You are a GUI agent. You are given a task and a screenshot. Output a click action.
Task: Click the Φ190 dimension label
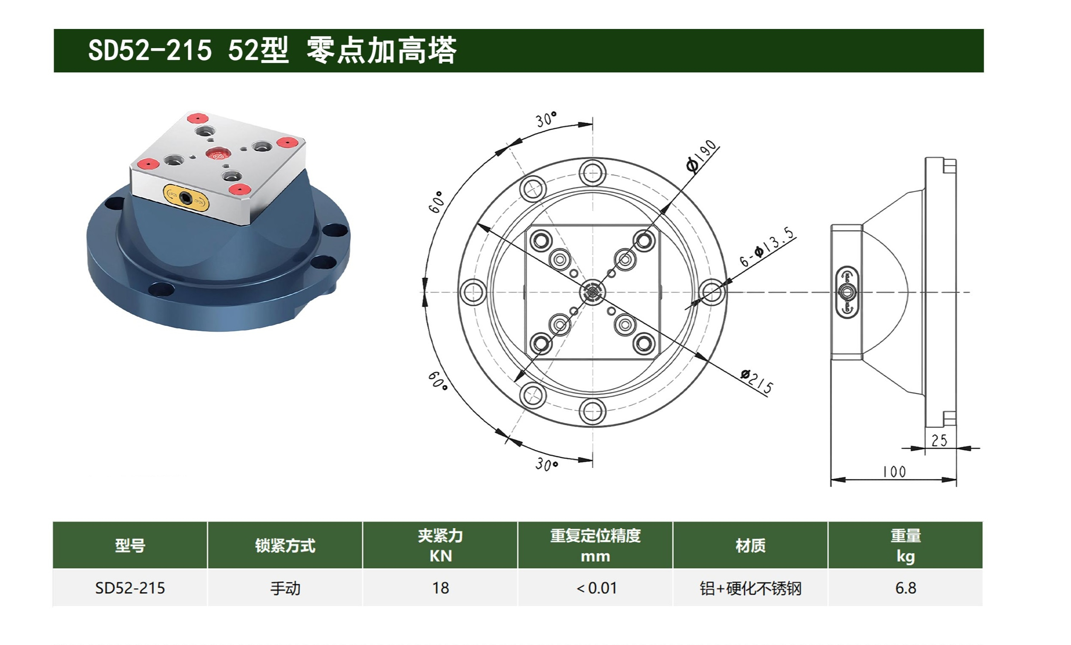pyautogui.click(x=701, y=155)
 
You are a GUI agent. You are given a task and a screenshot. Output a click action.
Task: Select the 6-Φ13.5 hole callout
pyautogui.click(x=767, y=246)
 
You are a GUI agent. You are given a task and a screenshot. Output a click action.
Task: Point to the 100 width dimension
pyautogui.click(x=894, y=472)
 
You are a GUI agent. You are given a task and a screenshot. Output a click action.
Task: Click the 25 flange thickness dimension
pyautogui.click(x=939, y=441)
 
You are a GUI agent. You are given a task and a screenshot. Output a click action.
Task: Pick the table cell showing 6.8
pyautogui.click(x=905, y=588)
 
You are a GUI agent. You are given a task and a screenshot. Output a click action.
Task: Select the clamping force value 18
pyautogui.click(x=440, y=588)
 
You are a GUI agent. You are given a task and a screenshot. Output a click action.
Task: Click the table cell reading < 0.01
pyautogui.click(x=596, y=588)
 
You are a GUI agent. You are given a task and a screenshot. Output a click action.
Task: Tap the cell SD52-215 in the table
pyautogui.click(x=130, y=588)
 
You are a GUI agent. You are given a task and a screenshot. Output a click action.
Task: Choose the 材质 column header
pyautogui.click(x=750, y=545)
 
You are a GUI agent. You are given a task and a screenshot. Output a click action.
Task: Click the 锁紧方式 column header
pyautogui.click(x=285, y=545)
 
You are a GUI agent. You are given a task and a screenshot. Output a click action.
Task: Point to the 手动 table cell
pyautogui.click(x=285, y=588)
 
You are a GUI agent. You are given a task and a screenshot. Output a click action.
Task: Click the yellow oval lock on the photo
pyautogui.click(x=186, y=198)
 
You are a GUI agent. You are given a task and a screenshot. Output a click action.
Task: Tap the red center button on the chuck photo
pyautogui.click(x=217, y=153)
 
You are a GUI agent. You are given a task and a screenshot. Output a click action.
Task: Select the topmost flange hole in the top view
pyautogui.click(x=593, y=173)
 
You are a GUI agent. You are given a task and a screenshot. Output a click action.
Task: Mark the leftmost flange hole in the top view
pyautogui.click(x=473, y=292)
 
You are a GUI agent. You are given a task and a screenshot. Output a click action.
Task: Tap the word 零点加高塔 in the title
pyautogui.click(x=382, y=50)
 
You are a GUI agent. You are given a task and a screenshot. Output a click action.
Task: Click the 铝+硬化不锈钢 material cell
pyautogui.click(x=750, y=588)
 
